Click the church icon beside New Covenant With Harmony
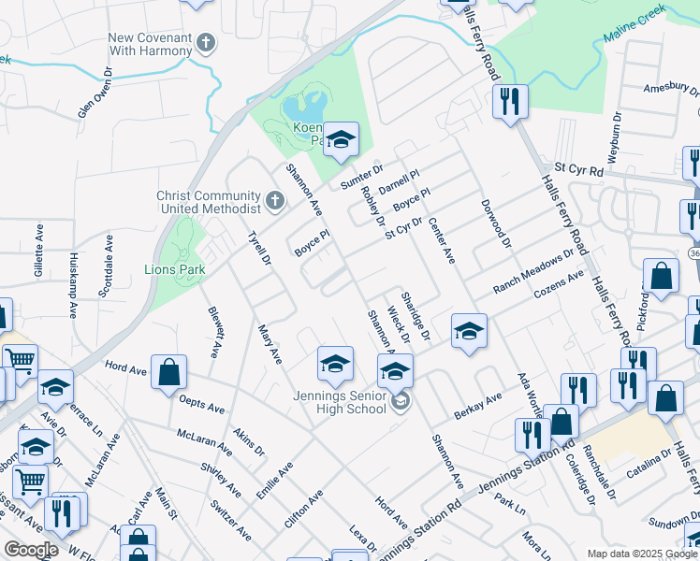(x=207, y=43)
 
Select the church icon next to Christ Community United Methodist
(x=275, y=200)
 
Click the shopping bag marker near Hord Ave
(x=169, y=371)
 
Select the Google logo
(x=31, y=550)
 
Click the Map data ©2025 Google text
(x=642, y=554)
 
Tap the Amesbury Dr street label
(x=671, y=90)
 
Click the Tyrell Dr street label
(x=257, y=248)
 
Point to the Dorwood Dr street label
(x=496, y=223)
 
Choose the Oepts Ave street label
(x=201, y=403)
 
